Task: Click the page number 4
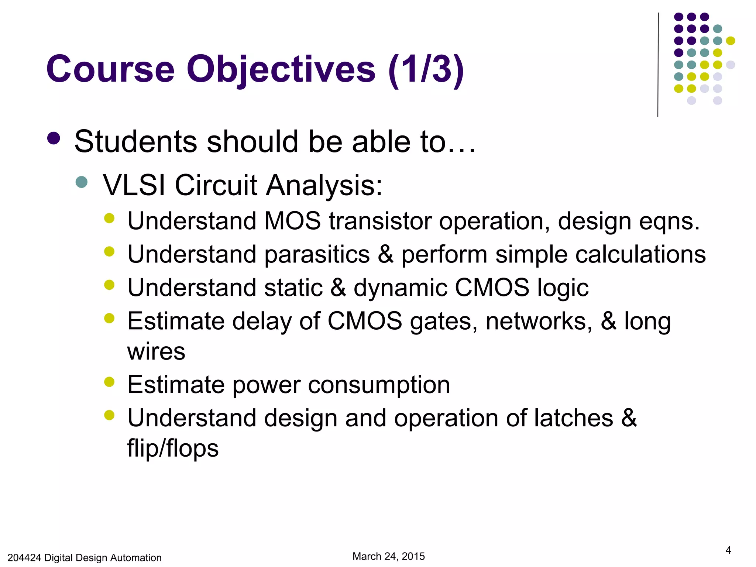[x=728, y=550]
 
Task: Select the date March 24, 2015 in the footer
[x=388, y=556]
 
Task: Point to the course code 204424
[x=24, y=558]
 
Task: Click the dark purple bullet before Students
[x=54, y=138]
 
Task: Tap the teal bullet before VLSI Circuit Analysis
[x=81, y=182]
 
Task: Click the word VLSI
[x=134, y=185]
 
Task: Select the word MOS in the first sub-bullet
[x=292, y=221]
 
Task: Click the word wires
[x=156, y=351]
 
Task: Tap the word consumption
[x=379, y=385]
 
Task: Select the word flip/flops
[x=173, y=449]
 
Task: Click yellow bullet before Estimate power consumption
[x=109, y=382]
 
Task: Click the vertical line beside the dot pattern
[x=658, y=65]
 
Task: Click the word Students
[x=135, y=142]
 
